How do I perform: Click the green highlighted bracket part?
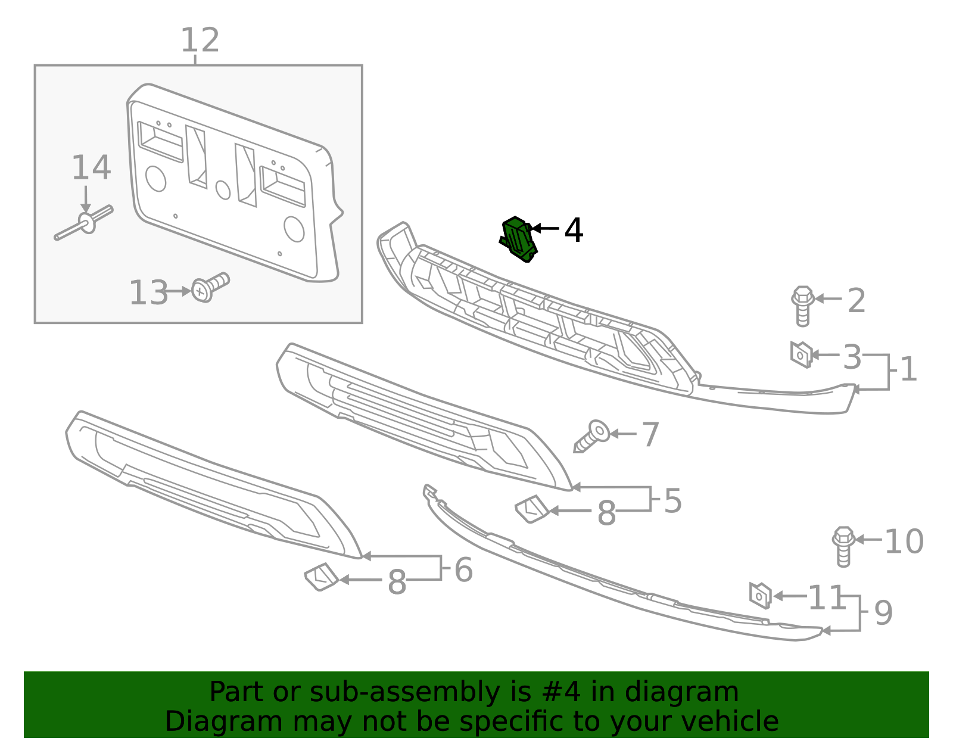[518, 239]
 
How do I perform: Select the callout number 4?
[573, 230]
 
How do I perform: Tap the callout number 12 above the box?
[200, 41]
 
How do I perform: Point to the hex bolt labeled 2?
[802, 304]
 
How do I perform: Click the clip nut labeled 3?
[801, 354]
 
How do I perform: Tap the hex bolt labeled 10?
[843, 544]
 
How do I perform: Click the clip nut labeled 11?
[760, 595]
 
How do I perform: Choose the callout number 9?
[883, 613]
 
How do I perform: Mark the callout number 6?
[463, 569]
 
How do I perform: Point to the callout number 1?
[908, 369]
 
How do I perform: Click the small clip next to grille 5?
[531, 509]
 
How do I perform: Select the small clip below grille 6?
[321, 577]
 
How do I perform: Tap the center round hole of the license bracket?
[223, 190]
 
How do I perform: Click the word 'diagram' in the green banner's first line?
[694, 692]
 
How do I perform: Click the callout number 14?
[91, 168]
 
